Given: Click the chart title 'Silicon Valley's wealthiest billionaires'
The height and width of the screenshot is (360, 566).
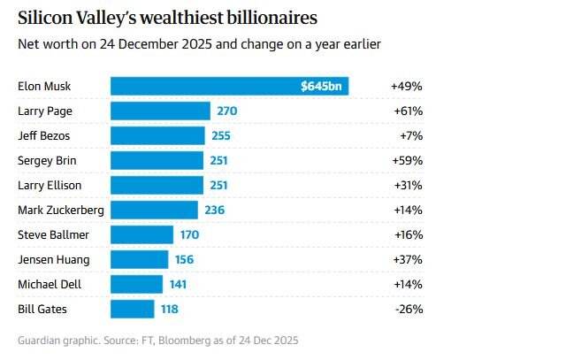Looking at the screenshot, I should point(168,17).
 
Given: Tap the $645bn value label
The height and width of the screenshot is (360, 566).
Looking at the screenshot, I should point(322,87).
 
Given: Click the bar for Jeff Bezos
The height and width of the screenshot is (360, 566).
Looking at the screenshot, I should point(157,135).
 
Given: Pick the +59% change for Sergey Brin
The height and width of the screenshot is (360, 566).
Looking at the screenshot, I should point(407,160).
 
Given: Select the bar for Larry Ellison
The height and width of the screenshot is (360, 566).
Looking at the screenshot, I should point(157,185).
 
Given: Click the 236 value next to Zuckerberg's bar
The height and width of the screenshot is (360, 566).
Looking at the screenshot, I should point(215,210).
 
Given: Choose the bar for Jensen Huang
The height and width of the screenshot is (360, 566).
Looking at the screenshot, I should point(139,259).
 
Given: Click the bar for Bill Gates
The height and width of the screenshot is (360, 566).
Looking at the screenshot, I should point(133,309).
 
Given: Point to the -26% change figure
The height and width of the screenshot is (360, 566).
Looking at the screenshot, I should point(408,309).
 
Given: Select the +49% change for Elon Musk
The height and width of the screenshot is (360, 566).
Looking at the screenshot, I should point(407,87).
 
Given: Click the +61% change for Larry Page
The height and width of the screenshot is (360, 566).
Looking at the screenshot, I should point(407,111).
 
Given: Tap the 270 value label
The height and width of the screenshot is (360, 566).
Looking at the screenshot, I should point(227,111).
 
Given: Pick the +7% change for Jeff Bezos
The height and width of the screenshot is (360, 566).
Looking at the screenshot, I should point(409,135).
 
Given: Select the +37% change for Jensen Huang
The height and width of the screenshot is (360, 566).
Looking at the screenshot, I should point(407,259).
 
